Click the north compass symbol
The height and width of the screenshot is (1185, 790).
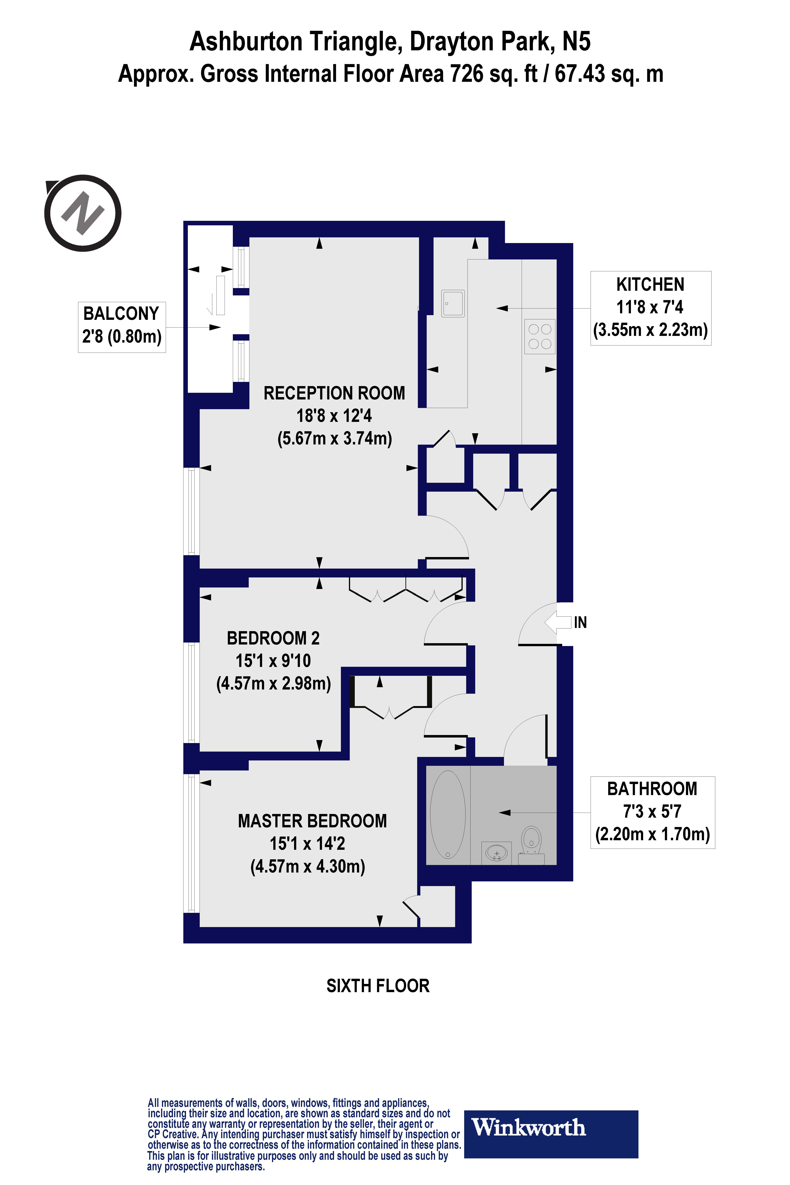(83, 213)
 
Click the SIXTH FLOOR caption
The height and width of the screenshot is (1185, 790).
(378, 986)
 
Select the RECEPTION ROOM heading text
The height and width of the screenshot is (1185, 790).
(334, 393)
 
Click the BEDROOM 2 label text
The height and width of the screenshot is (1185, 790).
(273, 638)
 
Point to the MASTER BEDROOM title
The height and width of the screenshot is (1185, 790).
(312, 821)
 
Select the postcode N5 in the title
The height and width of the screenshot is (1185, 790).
(576, 41)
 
